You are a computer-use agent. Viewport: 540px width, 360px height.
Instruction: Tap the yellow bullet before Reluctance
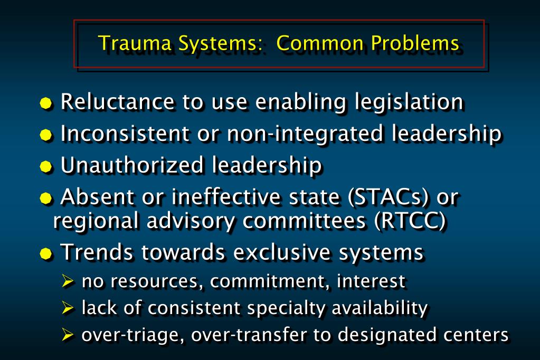(47, 103)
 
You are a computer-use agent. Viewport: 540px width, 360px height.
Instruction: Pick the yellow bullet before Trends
(47, 253)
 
